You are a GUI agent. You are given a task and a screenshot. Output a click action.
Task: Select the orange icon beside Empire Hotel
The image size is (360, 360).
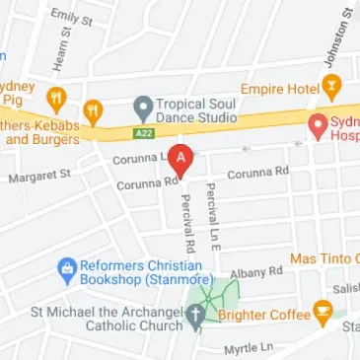click(332, 88)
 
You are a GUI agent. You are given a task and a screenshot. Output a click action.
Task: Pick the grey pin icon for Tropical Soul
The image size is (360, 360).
click(144, 106)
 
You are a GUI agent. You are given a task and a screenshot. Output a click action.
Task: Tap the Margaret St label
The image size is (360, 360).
click(40, 176)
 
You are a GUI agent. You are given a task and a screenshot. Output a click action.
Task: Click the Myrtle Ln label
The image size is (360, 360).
click(248, 348)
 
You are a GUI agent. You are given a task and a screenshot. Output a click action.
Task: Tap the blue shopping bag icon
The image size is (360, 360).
click(67, 267)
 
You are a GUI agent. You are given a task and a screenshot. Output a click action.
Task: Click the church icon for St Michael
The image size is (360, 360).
click(195, 316)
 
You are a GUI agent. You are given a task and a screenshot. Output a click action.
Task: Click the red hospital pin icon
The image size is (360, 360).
click(318, 126)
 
